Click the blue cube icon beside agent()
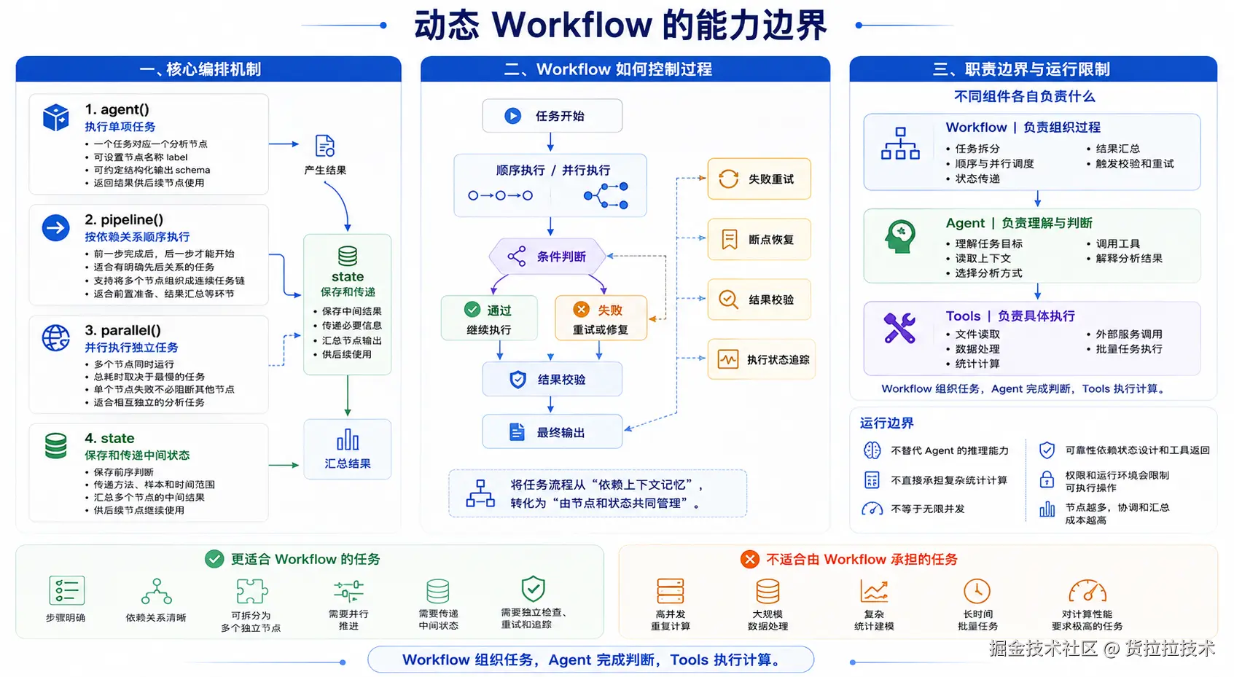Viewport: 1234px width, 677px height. (x=55, y=117)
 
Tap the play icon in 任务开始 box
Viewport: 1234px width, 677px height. (x=512, y=116)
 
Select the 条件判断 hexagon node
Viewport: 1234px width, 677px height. (x=547, y=256)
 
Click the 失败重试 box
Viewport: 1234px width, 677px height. (x=759, y=179)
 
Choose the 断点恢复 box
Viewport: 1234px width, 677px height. (x=759, y=239)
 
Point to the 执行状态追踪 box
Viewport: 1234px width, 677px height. (x=761, y=360)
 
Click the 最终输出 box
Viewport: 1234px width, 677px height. (x=552, y=432)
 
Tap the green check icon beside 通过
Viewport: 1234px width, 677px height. (x=472, y=310)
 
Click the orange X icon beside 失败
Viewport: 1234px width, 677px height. (x=581, y=310)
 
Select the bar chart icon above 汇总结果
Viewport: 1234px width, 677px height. (x=348, y=439)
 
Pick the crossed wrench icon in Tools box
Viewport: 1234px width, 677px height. (x=899, y=328)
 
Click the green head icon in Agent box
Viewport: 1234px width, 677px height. (x=900, y=236)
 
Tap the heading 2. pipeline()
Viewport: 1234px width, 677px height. (x=124, y=220)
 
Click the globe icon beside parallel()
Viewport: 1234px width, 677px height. (x=55, y=337)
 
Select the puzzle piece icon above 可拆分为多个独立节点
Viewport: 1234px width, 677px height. (x=251, y=591)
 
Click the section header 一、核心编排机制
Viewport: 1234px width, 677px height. (x=200, y=69)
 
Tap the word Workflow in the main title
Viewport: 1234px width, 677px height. (x=572, y=25)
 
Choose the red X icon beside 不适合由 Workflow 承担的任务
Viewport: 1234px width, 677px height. (x=749, y=559)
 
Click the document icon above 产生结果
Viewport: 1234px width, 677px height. (x=324, y=146)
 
